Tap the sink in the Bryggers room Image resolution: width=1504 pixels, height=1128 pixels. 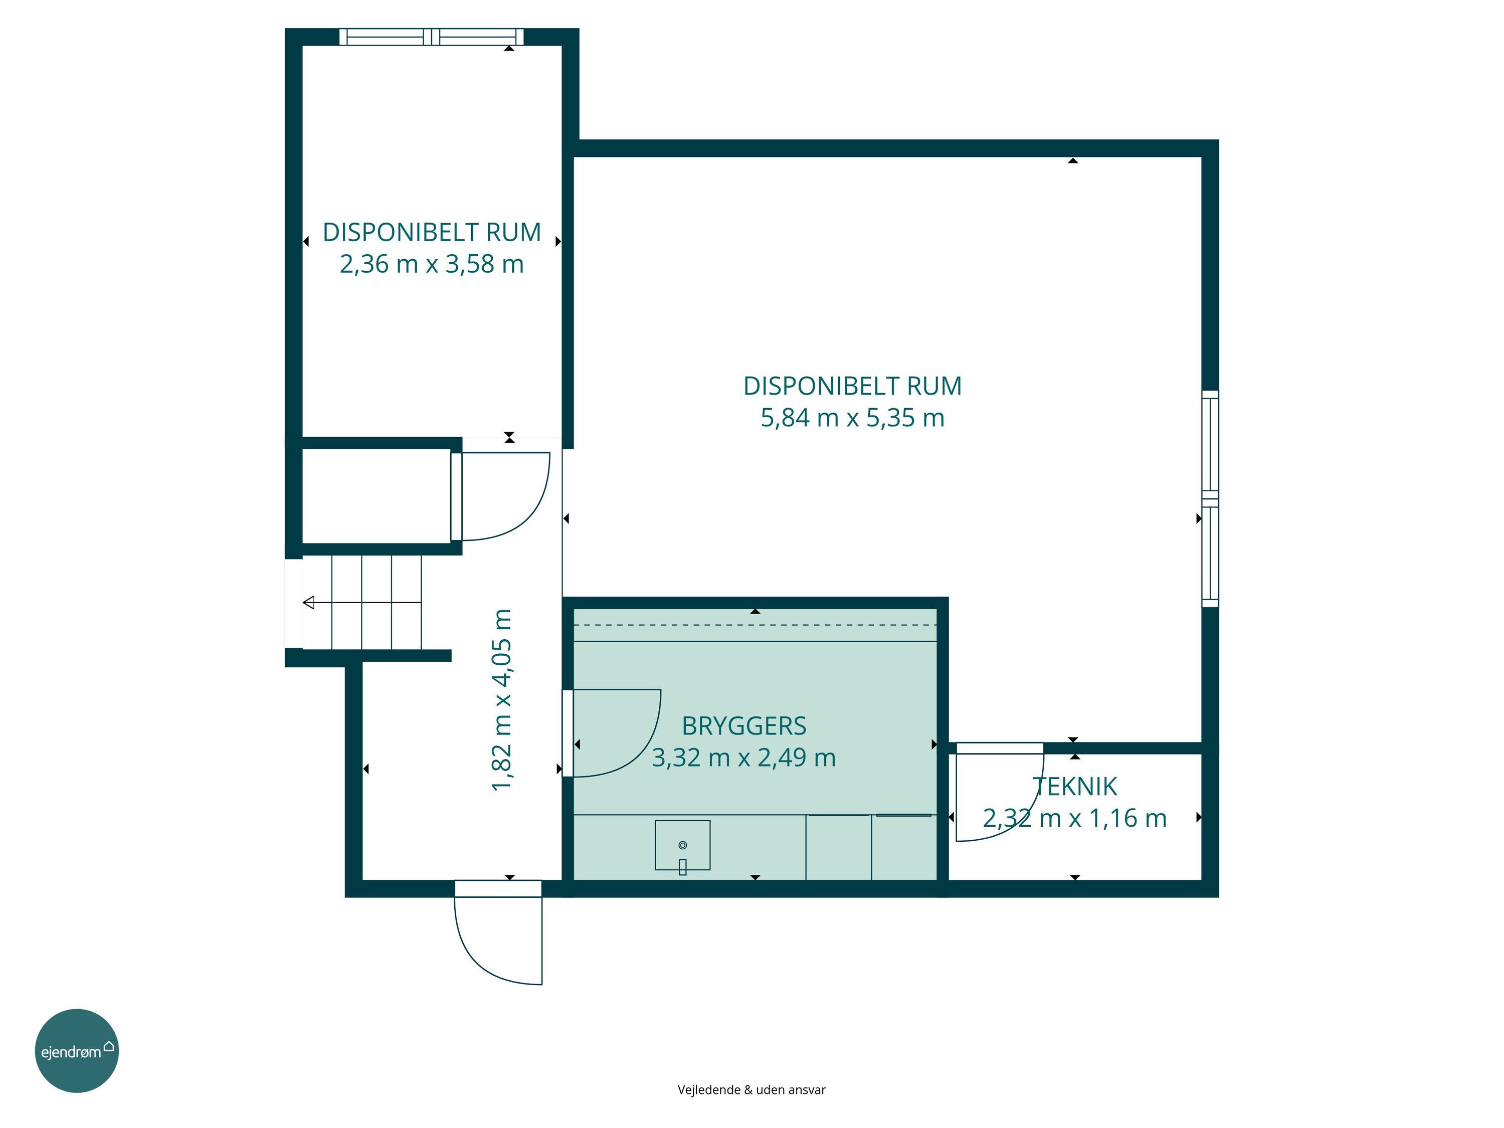coord(683,845)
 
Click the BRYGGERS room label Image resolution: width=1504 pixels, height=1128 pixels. coord(744,726)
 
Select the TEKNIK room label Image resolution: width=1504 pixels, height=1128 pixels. coord(1075,787)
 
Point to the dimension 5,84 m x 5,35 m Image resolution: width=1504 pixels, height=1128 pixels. coord(853,418)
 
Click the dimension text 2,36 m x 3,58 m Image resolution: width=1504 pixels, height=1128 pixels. coord(432,264)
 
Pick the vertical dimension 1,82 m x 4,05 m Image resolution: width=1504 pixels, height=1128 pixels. coord(502,700)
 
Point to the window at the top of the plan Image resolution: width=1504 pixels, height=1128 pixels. coord(432,37)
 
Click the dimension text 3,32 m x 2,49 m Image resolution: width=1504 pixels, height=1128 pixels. coord(744,758)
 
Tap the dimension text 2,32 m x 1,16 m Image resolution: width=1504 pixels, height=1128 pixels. coord(1075,818)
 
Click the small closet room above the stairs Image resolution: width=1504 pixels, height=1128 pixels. coord(376,496)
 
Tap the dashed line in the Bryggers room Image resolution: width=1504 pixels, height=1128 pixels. coord(755,625)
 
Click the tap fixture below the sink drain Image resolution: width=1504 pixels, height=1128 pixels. coord(683,867)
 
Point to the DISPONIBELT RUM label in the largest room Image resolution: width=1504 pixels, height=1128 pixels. coord(853,386)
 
